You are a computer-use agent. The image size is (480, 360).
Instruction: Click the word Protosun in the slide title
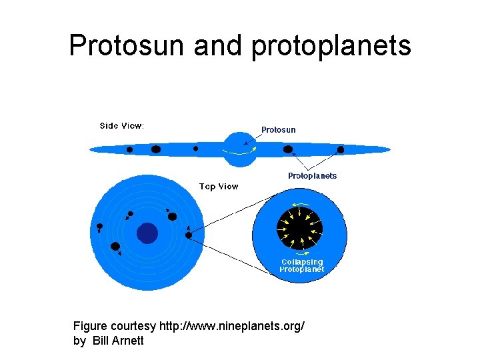[127, 46]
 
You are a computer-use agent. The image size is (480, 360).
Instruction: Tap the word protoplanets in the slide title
[331, 46]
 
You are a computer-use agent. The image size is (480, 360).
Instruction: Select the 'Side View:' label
[122, 125]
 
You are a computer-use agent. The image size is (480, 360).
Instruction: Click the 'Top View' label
[219, 187]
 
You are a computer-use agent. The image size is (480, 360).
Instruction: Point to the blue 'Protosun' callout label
[278, 130]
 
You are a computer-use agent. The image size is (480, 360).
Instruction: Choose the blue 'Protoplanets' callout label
[312, 176]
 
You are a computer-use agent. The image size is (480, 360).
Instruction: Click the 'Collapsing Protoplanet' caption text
[302, 266]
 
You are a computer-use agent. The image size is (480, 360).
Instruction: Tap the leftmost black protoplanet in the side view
[130, 149]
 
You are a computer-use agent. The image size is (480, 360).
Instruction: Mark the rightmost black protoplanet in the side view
[341, 150]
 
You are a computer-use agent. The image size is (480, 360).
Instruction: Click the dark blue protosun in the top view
[147, 233]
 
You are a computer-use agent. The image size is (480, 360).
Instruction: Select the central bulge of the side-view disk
[239, 149]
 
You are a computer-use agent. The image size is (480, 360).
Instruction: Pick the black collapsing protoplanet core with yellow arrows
[299, 227]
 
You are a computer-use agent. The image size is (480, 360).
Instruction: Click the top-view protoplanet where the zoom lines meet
[189, 235]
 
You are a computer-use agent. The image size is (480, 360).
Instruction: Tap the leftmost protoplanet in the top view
[100, 227]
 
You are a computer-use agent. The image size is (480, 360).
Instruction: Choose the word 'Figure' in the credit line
[90, 327]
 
